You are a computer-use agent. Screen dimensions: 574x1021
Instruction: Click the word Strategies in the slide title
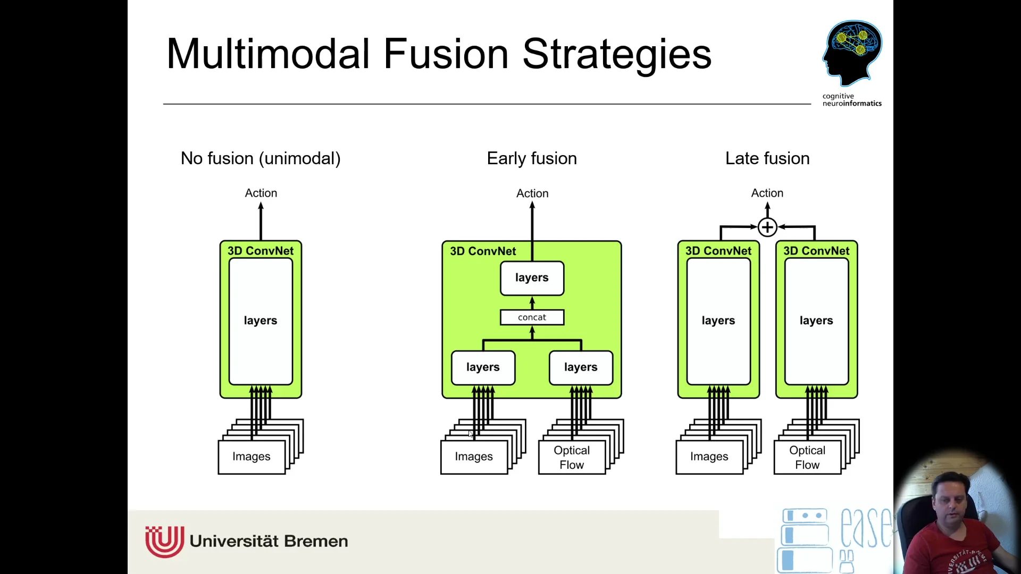[x=617, y=54]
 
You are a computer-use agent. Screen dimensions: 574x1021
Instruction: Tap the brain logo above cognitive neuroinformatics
[x=852, y=52]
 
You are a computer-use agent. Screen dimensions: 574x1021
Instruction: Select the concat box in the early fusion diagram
[x=532, y=317]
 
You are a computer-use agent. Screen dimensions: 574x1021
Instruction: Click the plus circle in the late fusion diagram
[x=767, y=227]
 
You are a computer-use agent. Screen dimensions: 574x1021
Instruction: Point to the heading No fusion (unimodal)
[x=261, y=158]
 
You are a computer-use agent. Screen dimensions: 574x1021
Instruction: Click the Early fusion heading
[x=532, y=158]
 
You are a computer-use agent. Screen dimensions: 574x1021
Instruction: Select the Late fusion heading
[x=767, y=158]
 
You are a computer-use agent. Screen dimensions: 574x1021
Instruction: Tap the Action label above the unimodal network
[x=261, y=193]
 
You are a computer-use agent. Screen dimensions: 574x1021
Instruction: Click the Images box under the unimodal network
[x=252, y=457]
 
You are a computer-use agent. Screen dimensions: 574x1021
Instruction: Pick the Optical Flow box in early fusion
[x=572, y=457]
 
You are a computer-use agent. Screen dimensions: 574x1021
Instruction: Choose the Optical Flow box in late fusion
[x=807, y=457]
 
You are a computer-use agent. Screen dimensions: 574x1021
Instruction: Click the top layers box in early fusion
[x=532, y=278]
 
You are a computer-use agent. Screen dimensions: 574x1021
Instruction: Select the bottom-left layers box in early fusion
[x=483, y=367]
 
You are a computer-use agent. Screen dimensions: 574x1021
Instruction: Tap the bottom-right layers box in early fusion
[x=581, y=367]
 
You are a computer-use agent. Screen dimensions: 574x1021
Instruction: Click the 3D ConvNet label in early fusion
[x=483, y=251]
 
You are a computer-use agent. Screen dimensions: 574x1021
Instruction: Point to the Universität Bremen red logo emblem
[x=164, y=541]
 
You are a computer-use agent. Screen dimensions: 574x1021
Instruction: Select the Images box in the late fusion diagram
[x=709, y=457]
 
